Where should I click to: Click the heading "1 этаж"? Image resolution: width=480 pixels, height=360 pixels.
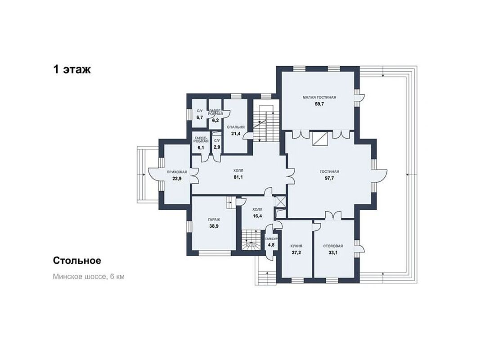72,70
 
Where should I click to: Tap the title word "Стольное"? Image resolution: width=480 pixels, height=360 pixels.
77,261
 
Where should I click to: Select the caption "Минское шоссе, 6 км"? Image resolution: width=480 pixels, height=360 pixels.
89,276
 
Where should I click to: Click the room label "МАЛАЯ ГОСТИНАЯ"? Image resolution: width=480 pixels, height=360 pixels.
319,97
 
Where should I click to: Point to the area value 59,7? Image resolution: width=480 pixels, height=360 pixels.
319,104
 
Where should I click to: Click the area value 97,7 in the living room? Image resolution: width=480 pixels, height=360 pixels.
329,178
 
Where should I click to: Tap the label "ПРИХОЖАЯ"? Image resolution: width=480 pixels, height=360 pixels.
177,172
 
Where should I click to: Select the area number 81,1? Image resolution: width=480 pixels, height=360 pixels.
238,177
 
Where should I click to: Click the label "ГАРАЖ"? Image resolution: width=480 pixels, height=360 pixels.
214,220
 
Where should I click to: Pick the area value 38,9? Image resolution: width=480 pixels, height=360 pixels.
214,226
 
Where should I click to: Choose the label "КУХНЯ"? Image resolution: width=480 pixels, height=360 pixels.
296,246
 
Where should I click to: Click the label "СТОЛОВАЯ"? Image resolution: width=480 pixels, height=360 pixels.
333,246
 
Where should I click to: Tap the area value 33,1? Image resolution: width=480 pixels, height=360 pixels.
333,253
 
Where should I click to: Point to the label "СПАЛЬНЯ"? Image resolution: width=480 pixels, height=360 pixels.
236,127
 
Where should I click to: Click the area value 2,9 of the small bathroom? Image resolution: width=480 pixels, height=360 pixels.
217,147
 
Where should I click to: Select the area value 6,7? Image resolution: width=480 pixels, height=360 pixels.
200,117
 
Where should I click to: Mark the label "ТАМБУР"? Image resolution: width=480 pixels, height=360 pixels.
271,239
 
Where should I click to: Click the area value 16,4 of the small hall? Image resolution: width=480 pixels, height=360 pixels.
257,216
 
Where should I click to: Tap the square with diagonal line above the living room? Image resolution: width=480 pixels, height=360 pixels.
320,138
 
